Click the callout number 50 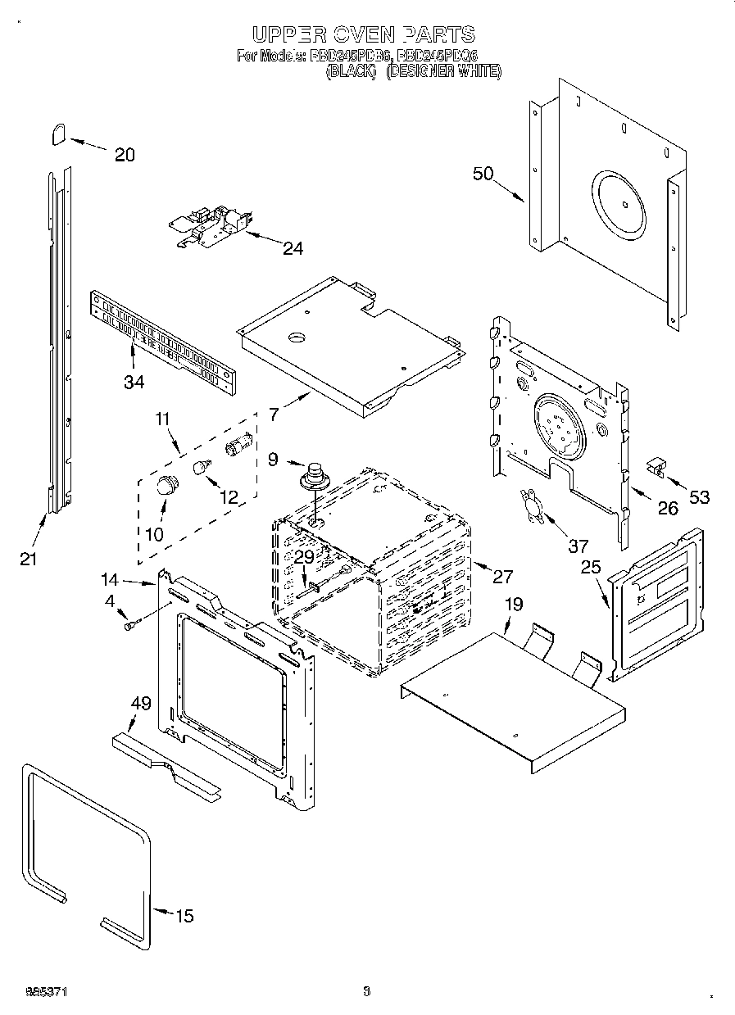[x=483, y=173]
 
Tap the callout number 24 [x=293, y=248]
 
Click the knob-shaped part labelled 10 [x=167, y=485]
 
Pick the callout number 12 [x=229, y=496]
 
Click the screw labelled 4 [x=129, y=626]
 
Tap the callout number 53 [x=699, y=496]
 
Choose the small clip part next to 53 [x=656, y=467]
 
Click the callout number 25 [x=591, y=566]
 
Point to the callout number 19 [x=514, y=605]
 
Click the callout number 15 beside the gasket [x=185, y=916]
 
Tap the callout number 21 [x=29, y=559]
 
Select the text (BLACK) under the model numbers [x=352, y=72]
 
